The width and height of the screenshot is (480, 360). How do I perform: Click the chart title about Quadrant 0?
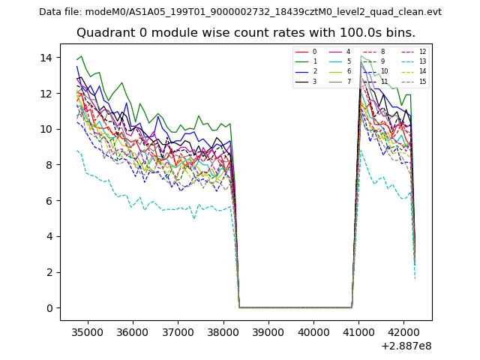(x=256, y=33)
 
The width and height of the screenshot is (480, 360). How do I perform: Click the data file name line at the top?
(x=240, y=12)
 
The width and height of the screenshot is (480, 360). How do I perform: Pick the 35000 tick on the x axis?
(x=87, y=331)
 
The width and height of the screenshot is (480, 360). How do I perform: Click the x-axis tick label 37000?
(x=177, y=331)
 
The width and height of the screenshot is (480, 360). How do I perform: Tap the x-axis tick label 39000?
(x=268, y=331)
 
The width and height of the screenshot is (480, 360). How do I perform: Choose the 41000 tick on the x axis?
(x=358, y=331)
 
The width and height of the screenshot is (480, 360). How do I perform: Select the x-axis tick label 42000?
(x=403, y=331)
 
